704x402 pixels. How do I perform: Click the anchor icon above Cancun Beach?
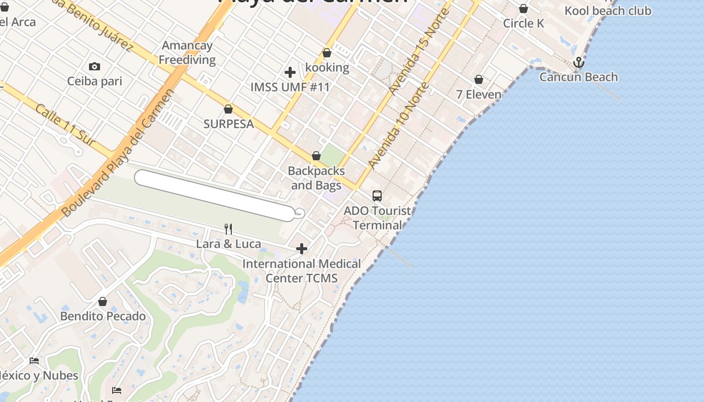(579, 62)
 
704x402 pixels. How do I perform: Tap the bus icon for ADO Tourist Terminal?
(377, 196)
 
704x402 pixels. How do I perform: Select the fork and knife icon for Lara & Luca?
(228, 229)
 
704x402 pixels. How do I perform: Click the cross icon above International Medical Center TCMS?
(302, 249)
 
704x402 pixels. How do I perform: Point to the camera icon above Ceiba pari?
(94, 66)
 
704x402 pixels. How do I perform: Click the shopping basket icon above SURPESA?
(228, 109)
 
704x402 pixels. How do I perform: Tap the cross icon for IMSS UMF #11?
(290, 72)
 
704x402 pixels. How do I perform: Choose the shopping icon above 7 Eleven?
(479, 80)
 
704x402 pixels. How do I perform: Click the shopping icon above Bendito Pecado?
(103, 301)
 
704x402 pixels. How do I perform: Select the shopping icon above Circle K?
(523, 9)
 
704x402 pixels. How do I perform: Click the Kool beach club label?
(607, 11)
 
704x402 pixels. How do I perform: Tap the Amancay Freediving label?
(187, 53)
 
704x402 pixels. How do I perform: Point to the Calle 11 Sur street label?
(65, 125)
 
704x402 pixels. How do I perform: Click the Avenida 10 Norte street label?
(398, 125)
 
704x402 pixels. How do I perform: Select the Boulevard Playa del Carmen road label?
(119, 153)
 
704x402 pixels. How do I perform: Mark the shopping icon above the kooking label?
(327, 53)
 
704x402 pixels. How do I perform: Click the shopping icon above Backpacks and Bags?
(316, 156)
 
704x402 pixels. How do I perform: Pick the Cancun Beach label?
(578, 77)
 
